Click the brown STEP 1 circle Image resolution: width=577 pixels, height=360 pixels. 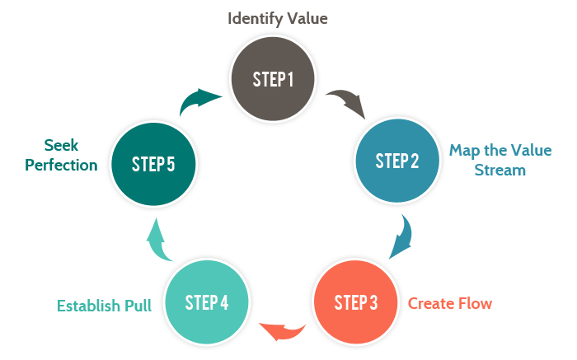(273, 80)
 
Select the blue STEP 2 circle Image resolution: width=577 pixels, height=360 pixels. (396, 161)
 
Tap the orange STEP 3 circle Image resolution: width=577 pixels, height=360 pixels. (355, 302)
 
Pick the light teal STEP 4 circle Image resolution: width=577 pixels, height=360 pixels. (208, 302)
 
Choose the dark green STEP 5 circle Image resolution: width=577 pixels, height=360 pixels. (152, 163)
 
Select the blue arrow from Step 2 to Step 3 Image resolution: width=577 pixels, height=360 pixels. (401, 236)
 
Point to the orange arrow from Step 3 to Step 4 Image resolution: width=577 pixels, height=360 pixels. (282, 330)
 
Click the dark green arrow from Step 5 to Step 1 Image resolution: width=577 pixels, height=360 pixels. (199, 103)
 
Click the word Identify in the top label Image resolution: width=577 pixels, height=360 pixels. (254, 16)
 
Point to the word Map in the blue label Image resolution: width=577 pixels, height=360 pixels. (462, 151)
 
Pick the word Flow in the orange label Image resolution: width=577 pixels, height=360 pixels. (476, 303)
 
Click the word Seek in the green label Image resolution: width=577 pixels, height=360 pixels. (63, 145)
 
